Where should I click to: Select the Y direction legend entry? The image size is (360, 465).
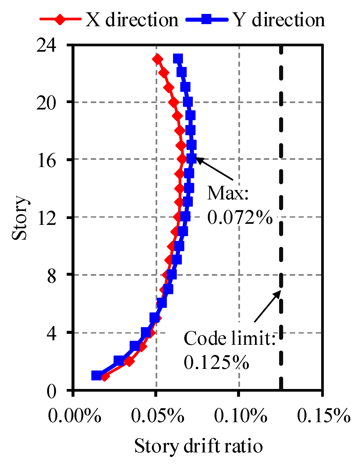point(256,20)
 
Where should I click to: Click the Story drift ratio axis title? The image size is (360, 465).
point(198,446)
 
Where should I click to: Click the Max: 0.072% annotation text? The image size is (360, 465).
point(240,205)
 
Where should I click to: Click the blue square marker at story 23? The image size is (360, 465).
point(178,58)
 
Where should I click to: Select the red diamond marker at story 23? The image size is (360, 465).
point(157,59)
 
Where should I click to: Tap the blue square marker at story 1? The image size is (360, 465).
point(96,376)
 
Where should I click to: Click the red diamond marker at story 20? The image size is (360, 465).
point(174,102)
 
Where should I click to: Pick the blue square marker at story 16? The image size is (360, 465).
point(192,158)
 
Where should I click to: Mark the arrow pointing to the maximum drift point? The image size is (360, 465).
point(214,169)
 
